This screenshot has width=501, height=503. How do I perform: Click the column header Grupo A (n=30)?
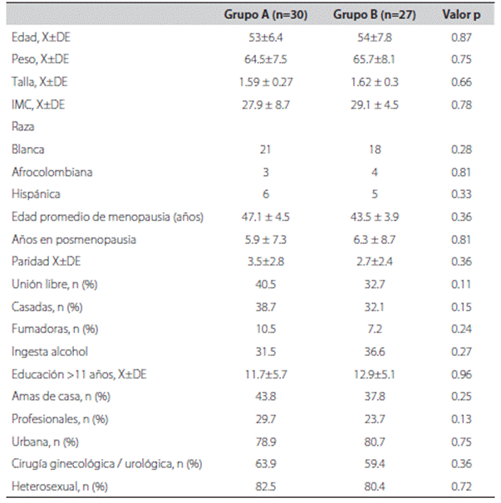click(x=266, y=16)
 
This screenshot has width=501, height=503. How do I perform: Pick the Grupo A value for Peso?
click(x=266, y=60)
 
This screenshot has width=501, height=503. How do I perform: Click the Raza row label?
click(x=22, y=127)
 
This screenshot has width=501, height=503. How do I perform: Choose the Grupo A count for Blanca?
click(x=266, y=149)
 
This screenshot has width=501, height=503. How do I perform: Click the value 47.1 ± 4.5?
click(x=266, y=217)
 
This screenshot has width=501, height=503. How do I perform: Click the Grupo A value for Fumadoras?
click(x=266, y=329)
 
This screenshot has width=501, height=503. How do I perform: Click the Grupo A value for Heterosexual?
click(x=266, y=486)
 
